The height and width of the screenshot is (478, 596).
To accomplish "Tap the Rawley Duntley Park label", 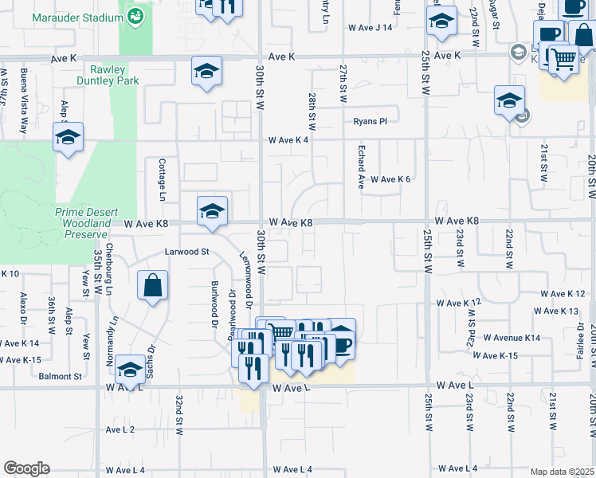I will point(108,75).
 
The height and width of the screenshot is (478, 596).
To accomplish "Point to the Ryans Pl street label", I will point(371,121).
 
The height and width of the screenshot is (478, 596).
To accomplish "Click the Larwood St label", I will point(186,252).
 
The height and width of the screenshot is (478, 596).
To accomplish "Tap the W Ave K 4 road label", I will point(288,140).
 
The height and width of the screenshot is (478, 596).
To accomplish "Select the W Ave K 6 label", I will point(390,180).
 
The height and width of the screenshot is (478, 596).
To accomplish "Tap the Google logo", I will point(26,468).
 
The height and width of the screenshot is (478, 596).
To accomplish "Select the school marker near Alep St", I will point(69,137).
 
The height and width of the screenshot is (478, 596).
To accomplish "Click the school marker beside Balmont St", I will point(130,370).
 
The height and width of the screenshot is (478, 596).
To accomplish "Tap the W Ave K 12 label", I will point(459,304).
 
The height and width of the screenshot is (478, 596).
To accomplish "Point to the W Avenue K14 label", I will point(512,338).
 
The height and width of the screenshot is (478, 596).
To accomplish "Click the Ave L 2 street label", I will point(120,429).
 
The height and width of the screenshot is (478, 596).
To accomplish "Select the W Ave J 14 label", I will point(371,28).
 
